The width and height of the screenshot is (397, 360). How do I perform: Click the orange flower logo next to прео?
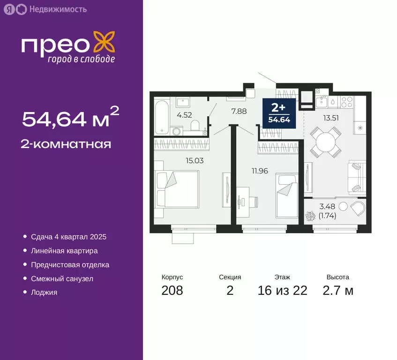coord(104,43)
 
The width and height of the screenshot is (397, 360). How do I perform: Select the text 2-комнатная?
coord(67,143)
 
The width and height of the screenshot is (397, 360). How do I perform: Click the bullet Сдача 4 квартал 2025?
coord(65,237)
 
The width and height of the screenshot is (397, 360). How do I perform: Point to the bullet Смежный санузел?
coord(62,278)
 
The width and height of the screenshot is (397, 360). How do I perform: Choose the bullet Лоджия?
coord(44,292)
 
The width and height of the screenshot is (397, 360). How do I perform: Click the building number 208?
coord(172,291)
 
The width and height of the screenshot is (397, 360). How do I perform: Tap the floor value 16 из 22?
coord(282,291)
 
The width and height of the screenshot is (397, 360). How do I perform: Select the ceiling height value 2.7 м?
coord(338,291)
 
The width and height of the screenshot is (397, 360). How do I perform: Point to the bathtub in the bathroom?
coord(161,117)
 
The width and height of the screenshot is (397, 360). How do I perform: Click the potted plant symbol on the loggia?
coord(310,217)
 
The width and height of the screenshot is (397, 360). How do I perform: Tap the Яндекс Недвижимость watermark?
coord(45,9)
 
